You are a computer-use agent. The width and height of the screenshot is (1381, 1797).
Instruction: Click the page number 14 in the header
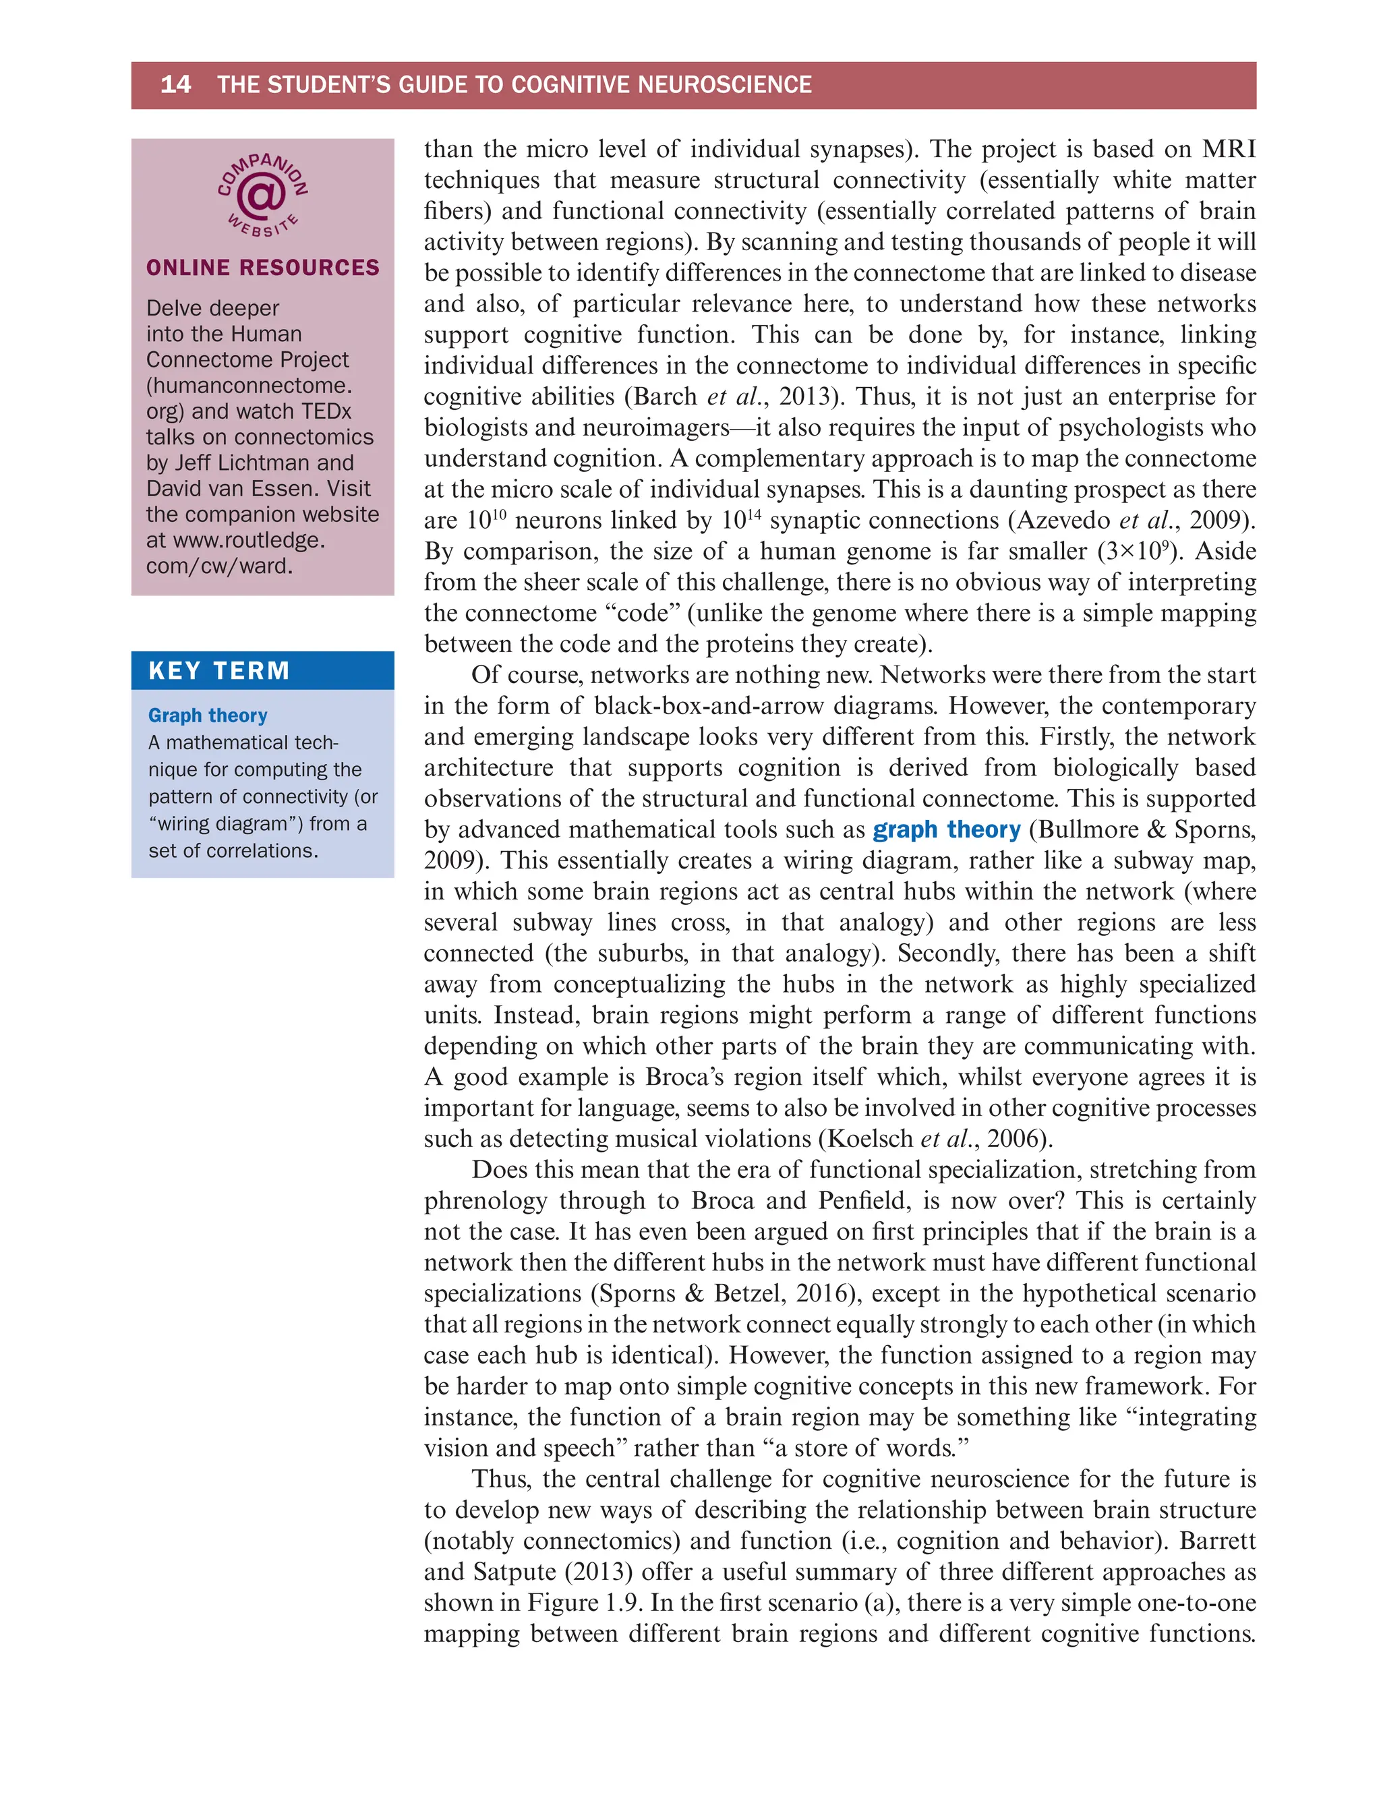click(x=175, y=85)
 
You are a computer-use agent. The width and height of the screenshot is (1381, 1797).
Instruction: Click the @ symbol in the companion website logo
click(x=262, y=196)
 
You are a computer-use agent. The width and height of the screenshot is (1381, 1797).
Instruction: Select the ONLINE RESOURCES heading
click(x=262, y=268)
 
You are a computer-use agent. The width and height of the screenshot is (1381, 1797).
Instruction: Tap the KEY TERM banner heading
click(x=218, y=671)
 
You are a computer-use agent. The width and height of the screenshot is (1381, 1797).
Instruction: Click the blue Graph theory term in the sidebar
click(x=207, y=715)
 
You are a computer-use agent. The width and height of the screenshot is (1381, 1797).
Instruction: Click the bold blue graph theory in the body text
click(x=946, y=829)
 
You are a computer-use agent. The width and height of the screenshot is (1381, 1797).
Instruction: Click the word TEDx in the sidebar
click(x=326, y=411)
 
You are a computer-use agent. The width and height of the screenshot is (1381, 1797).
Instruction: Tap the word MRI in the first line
click(x=1228, y=149)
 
